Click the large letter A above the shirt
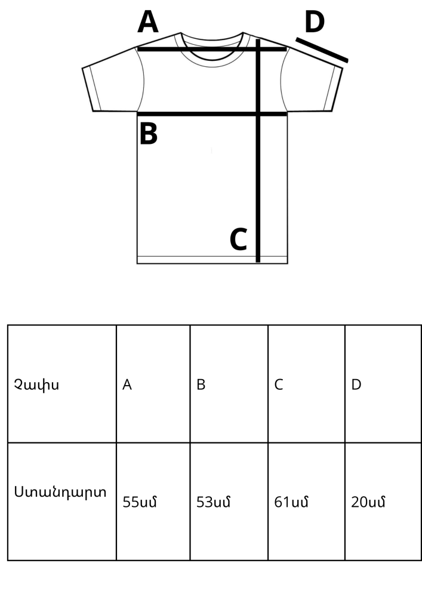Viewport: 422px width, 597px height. click(147, 22)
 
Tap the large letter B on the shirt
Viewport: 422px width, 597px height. click(149, 133)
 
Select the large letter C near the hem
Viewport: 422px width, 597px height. click(239, 239)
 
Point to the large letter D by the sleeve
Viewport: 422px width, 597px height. click(315, 22)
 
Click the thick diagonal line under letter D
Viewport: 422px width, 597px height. click(322, 50)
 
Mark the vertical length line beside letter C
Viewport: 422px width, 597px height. click(258, 150)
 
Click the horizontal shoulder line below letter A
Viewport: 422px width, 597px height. click(212, 49)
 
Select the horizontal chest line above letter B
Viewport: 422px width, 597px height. click(212, 114)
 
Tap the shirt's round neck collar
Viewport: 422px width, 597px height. click(211, 55)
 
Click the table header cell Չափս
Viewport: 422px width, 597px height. click(36, 384)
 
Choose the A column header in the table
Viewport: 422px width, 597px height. click(127, 384)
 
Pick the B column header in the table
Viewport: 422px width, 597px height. click(201, 384)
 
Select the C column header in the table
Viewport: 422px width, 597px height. click(279, 384)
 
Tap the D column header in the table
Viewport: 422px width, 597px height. click(356, 384)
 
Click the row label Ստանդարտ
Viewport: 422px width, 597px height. click(60, 492)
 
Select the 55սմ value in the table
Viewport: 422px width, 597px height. click(140, 502)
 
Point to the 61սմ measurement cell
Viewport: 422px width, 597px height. click(291, 502)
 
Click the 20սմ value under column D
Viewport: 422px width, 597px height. click(368, 502)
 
